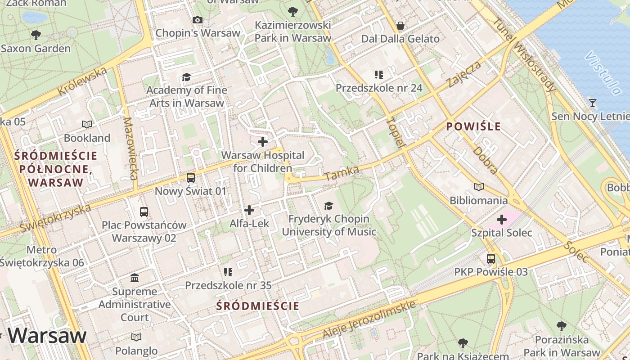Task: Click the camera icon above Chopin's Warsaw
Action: [197, 20]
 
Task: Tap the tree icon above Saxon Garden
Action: [36, 35]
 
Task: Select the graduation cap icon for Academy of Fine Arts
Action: [186, 77]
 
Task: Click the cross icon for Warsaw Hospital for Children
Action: [263, 142]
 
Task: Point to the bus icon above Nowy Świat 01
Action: [191, 178]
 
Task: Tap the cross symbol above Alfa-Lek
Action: [249, 210]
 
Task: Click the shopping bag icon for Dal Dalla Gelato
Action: [400, 26]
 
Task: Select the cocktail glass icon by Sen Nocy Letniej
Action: [593, 103]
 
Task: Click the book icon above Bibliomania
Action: [479, 187]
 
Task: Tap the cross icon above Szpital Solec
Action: [502, 220]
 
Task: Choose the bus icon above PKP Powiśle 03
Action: [491, 259]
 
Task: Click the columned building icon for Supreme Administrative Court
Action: [135, 278]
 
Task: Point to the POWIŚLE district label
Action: [473, 126]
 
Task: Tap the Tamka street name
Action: [342, 173]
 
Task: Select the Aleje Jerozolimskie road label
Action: [369, 319]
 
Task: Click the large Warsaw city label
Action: [47, 336]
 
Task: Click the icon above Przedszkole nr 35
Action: [228, 272]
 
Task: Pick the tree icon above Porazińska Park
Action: [561, 326]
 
